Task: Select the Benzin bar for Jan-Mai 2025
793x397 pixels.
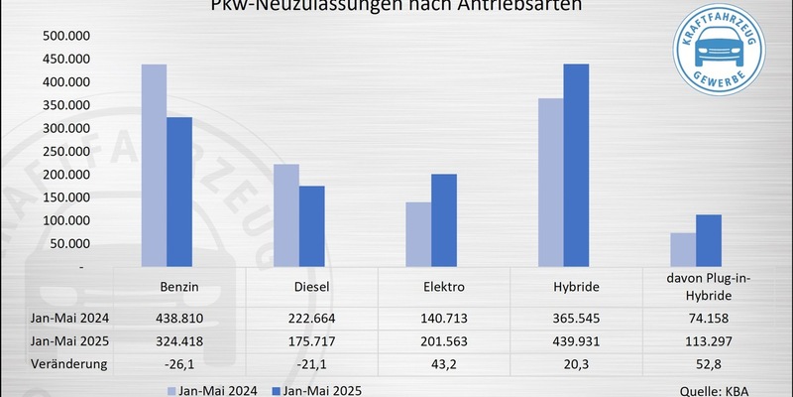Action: point(179,193)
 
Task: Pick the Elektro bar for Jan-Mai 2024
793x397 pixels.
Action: point(417,234)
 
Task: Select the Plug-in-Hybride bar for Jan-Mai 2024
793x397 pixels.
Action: point(682,250)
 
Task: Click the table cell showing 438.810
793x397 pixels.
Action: point(179,320)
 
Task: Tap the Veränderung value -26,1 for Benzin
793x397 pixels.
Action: point(179,364)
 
